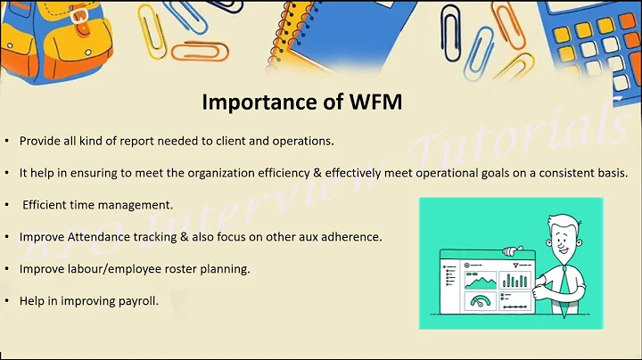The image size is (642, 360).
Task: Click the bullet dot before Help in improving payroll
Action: point(8,300)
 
